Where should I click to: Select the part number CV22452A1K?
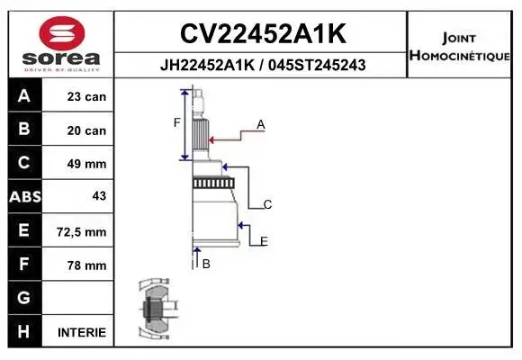tap(262, 33)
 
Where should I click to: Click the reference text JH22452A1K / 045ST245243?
tap(262, 66)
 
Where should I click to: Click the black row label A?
tap(24, 96)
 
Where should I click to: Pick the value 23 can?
tap(86, 96)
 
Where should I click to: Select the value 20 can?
tap(86, 130)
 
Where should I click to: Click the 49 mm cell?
tap(86, 164)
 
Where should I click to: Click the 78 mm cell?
tap(86, 265)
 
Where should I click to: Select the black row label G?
tap(24, 298)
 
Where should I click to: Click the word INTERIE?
tap(82, 332)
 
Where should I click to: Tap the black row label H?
tap(24, 331)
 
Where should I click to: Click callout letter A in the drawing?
tap(261, 125)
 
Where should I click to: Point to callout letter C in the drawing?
tap(267, 205)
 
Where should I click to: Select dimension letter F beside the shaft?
tap(177, 122)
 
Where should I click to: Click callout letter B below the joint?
tap(206, 264)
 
